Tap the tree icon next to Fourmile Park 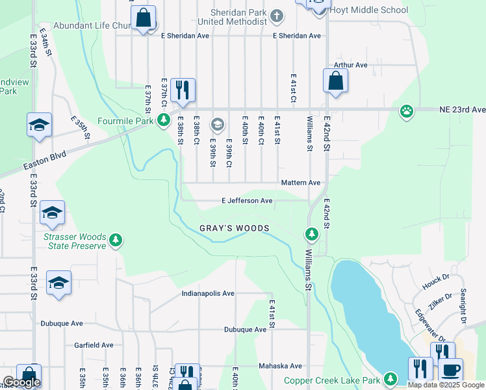click(164, 120)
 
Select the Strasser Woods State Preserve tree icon click(116, 240)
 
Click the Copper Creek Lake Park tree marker click(390, 378)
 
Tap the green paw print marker click(407, 110)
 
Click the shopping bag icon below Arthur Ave click(335, 81)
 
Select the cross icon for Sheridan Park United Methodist click(277, 15)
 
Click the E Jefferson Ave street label click(247, 201)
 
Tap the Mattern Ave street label click(301, 183)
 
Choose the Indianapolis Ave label click(207, 293)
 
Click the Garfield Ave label click(94, 345)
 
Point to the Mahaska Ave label click(281, 366)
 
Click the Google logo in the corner click(21, 382)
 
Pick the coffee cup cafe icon click(451, 369)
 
